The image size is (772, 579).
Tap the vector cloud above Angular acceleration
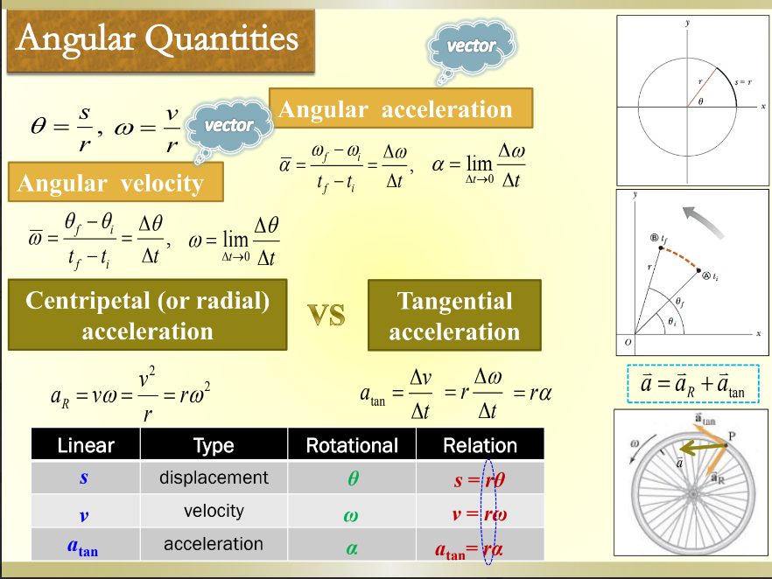pyautogui.click(x=471, y=46)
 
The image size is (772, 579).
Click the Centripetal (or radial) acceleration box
pyautogui.click(x=147, y=316)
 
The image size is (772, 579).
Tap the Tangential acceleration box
pyautogui.click(x=453, y=316)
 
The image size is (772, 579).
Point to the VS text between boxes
pyautogui.click(x=326, y=315)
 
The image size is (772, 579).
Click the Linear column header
pyautogui.click(x=86, y=445)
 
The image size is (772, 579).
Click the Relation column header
pyautogui.click(x=480, y=445)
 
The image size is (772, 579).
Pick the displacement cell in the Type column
pyautogui.click(x=214, y=478)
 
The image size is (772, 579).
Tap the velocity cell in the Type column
pyautogui.click(x=214, y=511)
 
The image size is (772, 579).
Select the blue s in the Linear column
pyautogui.click(x=84, y=478)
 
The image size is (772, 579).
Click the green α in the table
pyautogui.click(x=351, y=546)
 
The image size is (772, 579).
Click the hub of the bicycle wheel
pyautogui.click(x=691, y=497)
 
